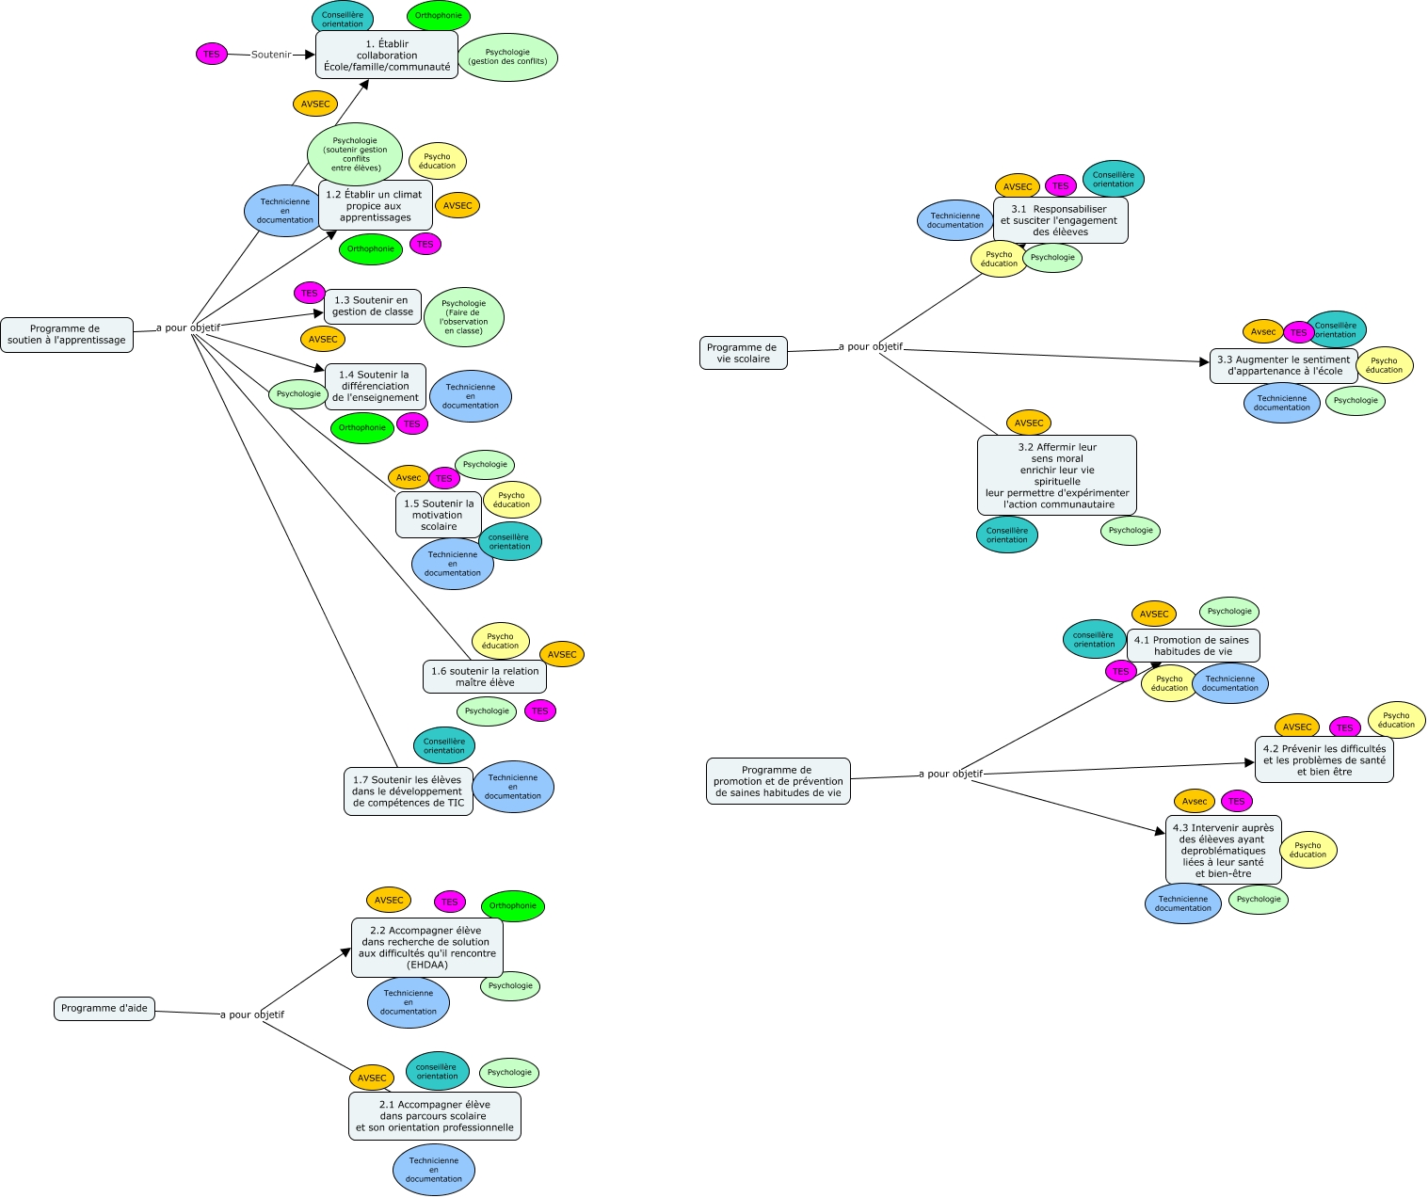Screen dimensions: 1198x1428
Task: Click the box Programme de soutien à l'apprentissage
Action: click(67, 335)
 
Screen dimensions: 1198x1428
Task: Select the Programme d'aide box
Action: click(104, 1009)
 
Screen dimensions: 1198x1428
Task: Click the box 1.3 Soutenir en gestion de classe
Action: click(373, 306)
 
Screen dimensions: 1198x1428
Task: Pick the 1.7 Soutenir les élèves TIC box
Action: click(409, 791)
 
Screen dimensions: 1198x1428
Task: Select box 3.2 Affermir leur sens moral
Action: click(1057, 475)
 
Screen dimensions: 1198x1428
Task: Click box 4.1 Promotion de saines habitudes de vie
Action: click(1193, 646)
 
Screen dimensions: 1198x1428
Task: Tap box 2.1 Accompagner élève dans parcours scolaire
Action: click(435, 1116)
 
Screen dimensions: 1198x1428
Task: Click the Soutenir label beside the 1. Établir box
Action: click(271, 55)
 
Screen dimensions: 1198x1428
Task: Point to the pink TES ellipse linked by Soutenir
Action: click(212, 54)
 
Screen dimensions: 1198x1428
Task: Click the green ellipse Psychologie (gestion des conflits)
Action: click(507, 57)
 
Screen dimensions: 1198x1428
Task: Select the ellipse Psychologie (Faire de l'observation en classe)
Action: click(464, 317)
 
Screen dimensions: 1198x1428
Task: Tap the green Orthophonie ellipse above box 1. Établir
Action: click(439, 16)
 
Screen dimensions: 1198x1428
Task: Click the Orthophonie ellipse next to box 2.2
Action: click(513, 906)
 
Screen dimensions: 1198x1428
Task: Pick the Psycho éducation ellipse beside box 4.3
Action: click(1308, 850)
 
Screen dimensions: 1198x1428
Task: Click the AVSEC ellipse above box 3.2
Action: click(1029, 423)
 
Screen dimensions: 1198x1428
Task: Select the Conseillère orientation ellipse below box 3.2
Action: click(1007, 535)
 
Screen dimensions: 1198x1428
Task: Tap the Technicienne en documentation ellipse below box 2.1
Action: click(434, 1170)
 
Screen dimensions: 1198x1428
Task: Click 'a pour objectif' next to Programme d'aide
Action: click(252, 1014)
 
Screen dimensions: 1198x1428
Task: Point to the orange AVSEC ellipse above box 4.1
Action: click(1154, 615)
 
